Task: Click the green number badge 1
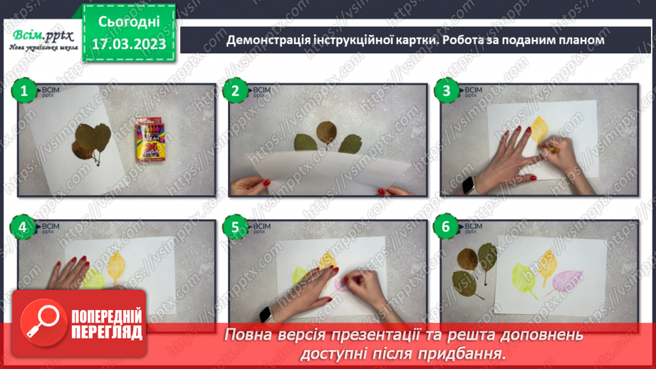pyautogui.click(x=24, y=91)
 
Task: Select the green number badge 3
pyautogui.click(x=447, y=91)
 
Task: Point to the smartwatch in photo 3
pyautogui.click(x=469, y=185)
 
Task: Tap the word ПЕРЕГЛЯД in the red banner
pyautogui.click(x=106, y=331)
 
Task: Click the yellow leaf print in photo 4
pyautogui.click(x=116, y=269)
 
